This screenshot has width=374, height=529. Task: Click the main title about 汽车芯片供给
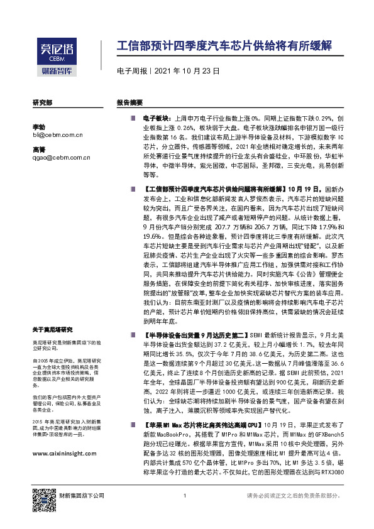(225, 47)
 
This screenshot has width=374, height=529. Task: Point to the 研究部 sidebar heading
(42, 102)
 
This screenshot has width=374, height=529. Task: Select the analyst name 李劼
(38, 127)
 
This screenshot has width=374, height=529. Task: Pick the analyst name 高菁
(38, 150)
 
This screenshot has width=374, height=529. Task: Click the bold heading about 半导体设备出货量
(195, 336)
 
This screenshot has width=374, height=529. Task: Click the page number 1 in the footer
(184, 513)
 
